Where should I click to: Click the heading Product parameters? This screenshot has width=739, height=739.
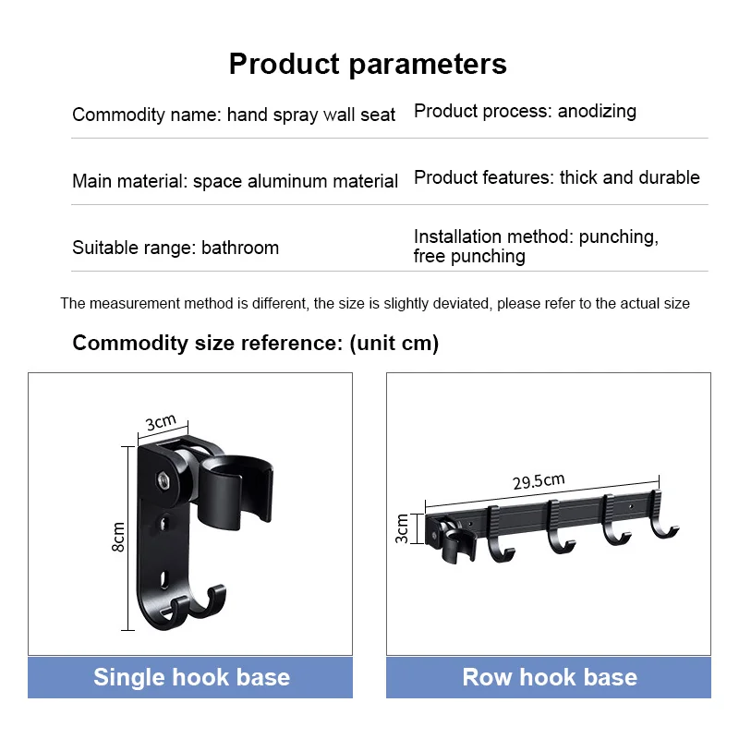click(x=368, y=64)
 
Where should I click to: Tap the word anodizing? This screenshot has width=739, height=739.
click(x=597, y=111)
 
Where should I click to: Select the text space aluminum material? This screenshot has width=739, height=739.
click(x=296, y=181)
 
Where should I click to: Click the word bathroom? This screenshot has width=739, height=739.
click(x=240, y=248)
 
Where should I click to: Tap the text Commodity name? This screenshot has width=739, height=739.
click(x=145, y=115)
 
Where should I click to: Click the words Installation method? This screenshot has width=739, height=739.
click(x=493, y=236)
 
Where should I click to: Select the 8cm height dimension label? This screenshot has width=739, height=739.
click(x=118, y=537)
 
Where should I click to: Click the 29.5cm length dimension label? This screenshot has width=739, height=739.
click(x=539, y=481)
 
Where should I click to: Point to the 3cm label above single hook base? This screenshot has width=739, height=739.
click(x=161, y=422)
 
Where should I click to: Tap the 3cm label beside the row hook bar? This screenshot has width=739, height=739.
click(x=402, y=528)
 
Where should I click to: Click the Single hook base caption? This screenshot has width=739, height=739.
click(x=191, y=677)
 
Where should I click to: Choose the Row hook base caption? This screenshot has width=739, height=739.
click(x=550, y=677)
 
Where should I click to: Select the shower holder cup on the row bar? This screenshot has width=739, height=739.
click(x=454, y=546)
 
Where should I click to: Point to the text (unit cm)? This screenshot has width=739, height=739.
click(x=394, y=344)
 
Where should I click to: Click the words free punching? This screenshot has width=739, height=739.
click(x=469, y=257)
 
